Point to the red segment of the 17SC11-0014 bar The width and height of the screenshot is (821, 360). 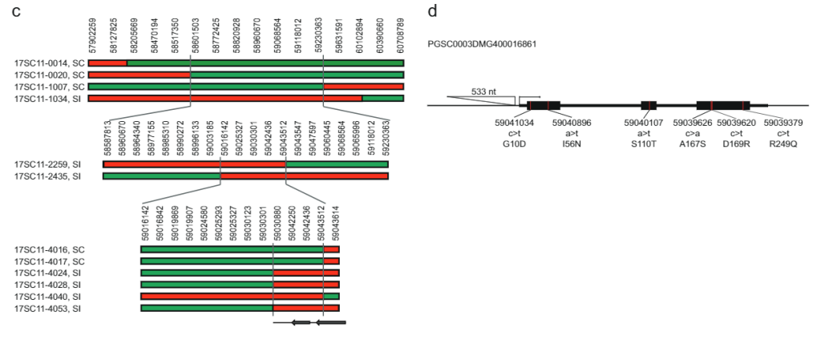pyautogui.click(x=107, y=63)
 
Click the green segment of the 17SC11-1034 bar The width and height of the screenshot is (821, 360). pyautogui.click(x=382, y=99)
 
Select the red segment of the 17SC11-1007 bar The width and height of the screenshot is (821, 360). pyautogui.click(x=363, y=87)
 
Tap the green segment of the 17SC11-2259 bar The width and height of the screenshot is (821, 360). pyautogui.click(x=337, y=164)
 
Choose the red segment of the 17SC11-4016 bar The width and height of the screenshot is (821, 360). pyautogui.click(x=331, y=249)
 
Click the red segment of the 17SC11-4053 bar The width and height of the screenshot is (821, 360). pyautogui.click(x=305, y=308)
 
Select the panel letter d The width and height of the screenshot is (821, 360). pyautogui.click(x=433, y=11)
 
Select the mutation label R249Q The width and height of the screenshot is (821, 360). pyautogui.click(x=783, y=142)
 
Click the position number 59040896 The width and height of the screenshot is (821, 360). pyautogui.click(x=572, y=123)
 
